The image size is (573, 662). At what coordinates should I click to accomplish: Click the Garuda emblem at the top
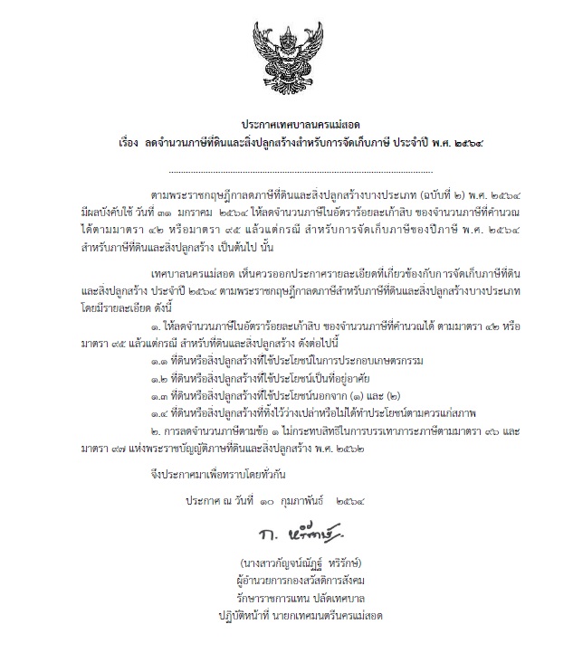286,56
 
